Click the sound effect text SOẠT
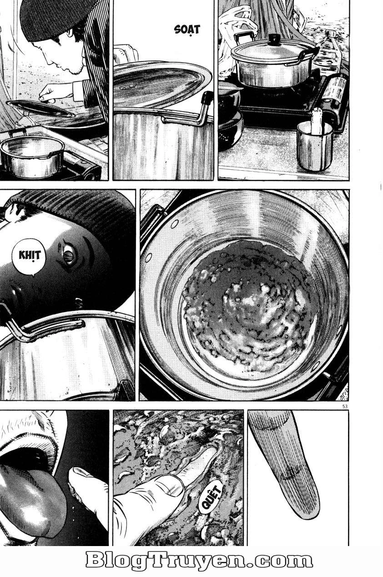[x=187, y=30]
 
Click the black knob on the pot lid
[x=274, y=40]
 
